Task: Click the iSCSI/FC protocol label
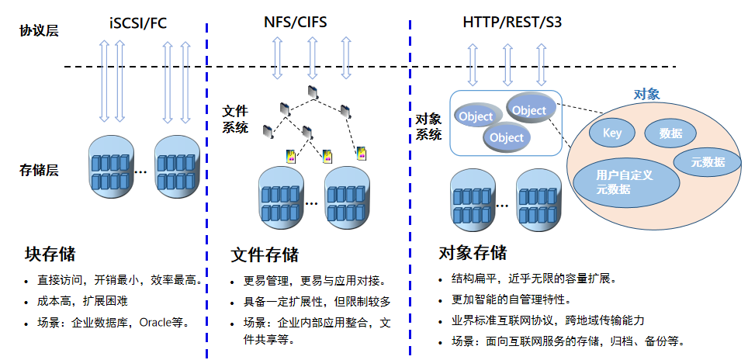point(138,22)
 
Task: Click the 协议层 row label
point(40,31)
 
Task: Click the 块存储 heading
point(50,254)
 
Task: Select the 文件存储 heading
point(265,254)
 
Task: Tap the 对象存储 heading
point(472,253)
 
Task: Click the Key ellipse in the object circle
point(612,133)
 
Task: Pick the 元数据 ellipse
point(708,162)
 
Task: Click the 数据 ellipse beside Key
point(671,133)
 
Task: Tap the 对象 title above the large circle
point(646,95)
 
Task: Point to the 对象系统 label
point(429,127)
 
